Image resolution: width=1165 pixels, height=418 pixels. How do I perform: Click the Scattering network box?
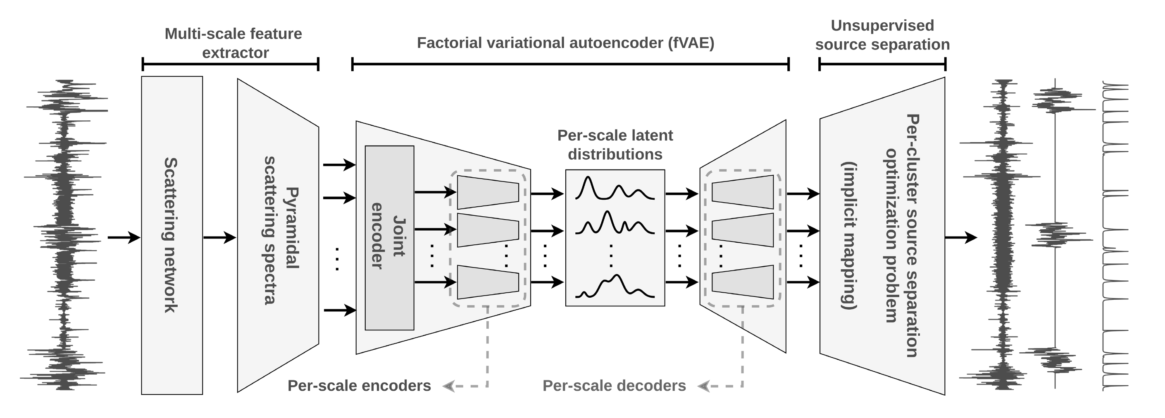172,235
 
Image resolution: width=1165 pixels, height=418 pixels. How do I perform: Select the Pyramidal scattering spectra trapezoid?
278,235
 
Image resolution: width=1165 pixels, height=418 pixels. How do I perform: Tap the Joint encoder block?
389,237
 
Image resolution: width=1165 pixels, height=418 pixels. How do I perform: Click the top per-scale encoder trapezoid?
488,192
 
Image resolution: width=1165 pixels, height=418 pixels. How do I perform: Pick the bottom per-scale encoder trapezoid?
488,282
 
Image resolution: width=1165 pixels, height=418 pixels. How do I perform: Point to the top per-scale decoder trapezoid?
743,192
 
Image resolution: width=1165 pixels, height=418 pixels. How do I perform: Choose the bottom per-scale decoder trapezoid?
743,282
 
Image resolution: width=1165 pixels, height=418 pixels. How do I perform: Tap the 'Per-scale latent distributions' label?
615,145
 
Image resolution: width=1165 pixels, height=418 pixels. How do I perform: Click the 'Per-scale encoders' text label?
359,386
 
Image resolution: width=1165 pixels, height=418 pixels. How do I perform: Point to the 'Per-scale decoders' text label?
614,386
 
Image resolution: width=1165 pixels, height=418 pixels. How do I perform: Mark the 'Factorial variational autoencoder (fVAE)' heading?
565,43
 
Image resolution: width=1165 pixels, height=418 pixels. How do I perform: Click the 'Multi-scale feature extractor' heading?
233,43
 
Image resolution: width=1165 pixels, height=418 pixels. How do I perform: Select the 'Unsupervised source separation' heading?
882,35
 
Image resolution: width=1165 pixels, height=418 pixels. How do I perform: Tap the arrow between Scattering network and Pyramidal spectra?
219,237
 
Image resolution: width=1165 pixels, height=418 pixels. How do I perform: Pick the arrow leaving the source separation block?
960,237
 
